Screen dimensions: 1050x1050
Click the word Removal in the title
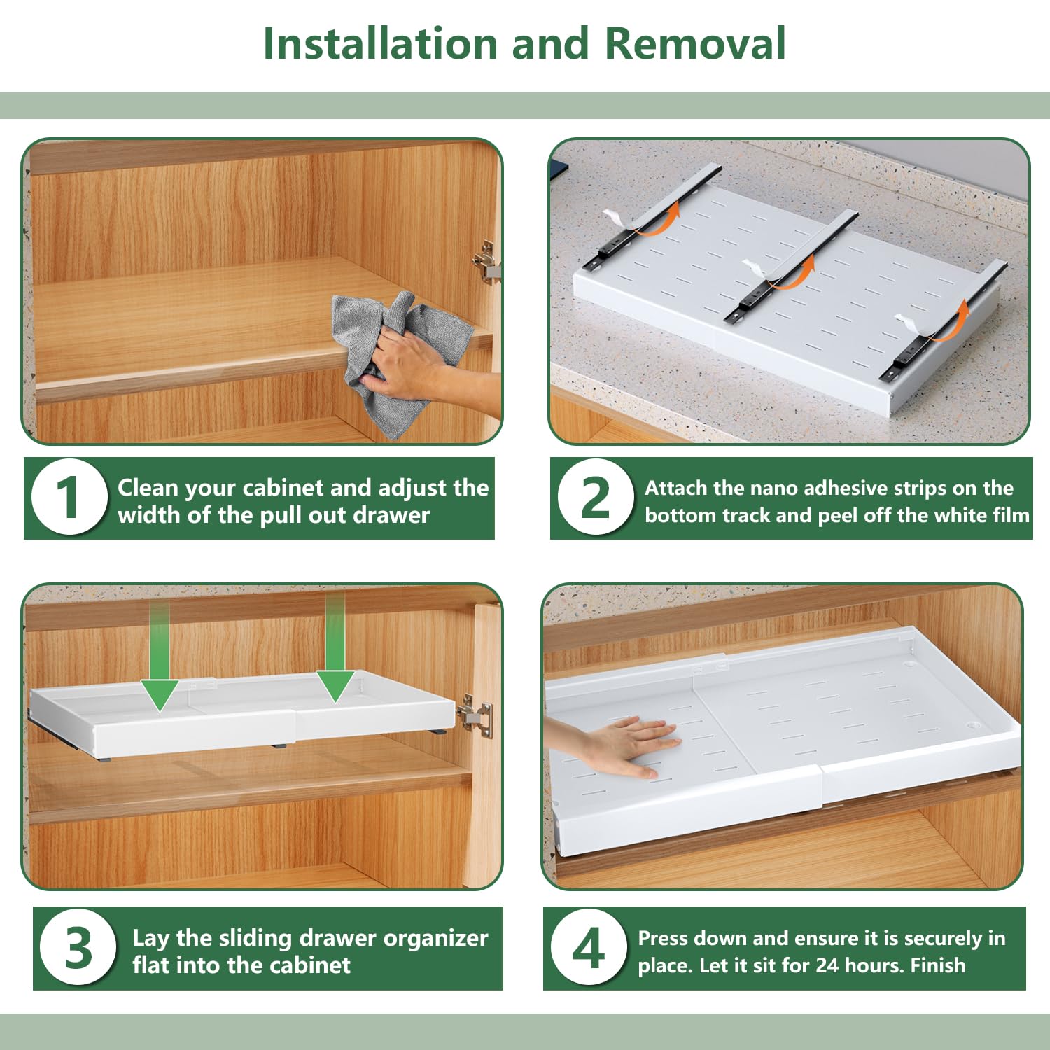695,44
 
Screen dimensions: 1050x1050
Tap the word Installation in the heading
381,44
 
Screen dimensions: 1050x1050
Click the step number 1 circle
68,497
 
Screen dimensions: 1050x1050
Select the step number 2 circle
595,497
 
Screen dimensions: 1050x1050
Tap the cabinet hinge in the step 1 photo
486,261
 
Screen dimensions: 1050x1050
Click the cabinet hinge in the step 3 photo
475,715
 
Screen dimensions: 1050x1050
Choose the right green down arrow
335,647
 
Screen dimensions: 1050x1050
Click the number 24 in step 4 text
827,965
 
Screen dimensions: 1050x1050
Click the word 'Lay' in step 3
151,939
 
